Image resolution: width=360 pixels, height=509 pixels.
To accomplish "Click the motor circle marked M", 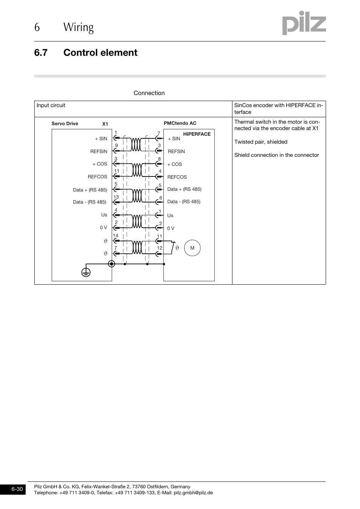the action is coord(192,248).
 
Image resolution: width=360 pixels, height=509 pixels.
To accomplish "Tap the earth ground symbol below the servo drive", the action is coord(86,271).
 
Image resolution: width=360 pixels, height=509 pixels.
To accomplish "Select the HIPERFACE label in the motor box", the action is coord(197,134).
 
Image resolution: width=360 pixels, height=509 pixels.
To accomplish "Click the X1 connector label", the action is coord(105,124).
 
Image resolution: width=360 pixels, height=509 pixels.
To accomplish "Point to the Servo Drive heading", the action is coord(65,124).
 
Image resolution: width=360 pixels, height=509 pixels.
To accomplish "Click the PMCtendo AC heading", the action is coord(180,123).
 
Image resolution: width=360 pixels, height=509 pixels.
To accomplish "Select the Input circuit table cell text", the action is coord(51,105).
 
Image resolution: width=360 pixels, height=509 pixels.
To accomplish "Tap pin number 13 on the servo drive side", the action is coord(116,197).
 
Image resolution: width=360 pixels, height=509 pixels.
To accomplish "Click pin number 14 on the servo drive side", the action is coord(115,236).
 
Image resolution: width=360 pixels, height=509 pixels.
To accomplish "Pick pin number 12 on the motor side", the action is coord(160,248).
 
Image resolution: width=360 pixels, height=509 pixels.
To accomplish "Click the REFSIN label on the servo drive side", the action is coord(98,152).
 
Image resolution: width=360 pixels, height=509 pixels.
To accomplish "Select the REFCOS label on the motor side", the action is coord(177,177).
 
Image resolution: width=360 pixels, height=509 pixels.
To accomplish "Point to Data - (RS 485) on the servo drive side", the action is coord(89,202).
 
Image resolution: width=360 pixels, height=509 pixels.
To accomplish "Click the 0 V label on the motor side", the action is coord(171,228).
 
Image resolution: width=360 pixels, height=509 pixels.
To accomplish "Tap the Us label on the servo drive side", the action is coord(104,215).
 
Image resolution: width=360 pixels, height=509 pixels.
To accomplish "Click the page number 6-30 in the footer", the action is coord(17,489).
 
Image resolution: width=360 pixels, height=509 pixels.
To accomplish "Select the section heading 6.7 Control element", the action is coord(86,53).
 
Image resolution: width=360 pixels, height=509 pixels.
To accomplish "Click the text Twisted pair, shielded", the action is coord(261,142).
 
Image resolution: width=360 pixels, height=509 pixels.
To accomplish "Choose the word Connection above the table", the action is coord(149,93).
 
